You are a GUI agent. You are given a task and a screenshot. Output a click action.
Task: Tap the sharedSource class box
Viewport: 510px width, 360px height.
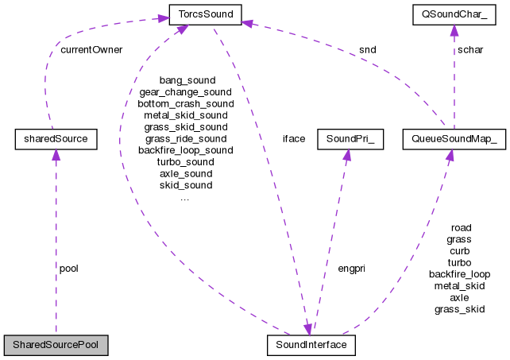click(56, 140)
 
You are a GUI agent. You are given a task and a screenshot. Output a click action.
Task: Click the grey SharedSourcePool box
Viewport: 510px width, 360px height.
click(56, 346)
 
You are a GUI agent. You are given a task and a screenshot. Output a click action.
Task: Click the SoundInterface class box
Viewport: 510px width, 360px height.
click(311, 346)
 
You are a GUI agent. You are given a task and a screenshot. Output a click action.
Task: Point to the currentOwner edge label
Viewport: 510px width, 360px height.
click(91, 49)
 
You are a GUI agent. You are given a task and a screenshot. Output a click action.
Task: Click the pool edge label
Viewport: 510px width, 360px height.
click(69, 269)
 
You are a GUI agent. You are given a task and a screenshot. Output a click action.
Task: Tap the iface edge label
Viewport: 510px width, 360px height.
click(294, 138)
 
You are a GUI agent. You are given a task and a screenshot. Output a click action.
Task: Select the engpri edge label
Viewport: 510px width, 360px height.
click(350, 269)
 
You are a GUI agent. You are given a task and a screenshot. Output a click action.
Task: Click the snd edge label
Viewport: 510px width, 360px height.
click(367, 49)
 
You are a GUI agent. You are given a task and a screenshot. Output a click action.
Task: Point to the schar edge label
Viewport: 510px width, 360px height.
click(469, 49)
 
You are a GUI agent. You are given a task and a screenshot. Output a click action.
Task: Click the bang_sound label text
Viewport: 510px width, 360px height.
click(187, 81)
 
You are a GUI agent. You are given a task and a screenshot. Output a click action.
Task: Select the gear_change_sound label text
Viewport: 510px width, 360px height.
click(186, 92)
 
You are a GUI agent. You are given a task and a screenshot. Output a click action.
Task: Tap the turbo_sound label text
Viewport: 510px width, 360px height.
click(186, 162)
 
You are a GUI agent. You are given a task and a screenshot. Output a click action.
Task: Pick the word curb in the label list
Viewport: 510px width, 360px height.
click(459, 250)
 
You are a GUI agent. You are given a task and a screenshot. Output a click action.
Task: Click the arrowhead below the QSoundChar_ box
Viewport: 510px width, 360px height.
click(453, 31)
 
